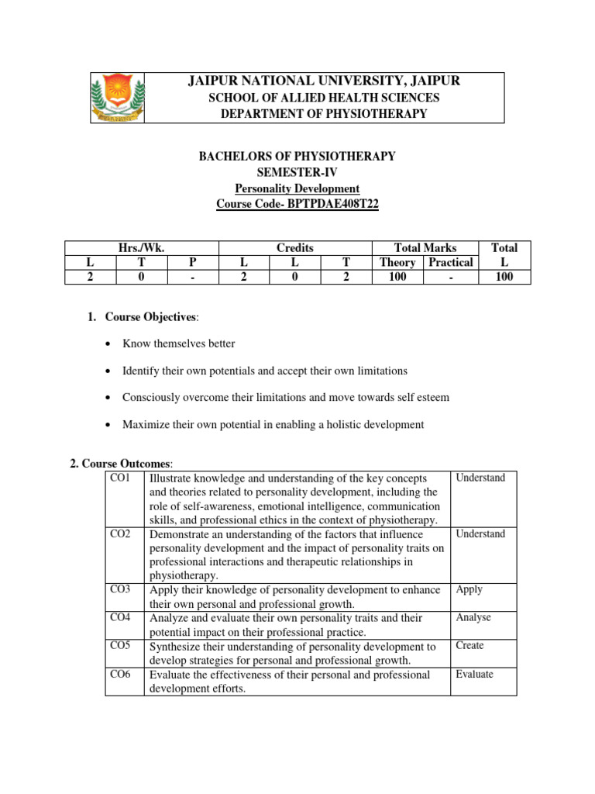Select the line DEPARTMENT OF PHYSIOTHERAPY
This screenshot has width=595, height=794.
point(324,114)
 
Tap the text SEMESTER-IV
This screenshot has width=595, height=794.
point(297,172)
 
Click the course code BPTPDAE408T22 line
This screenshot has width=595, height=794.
point(297,204)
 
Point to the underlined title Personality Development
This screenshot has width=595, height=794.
point(297,188)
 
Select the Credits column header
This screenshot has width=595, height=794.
point(294,247)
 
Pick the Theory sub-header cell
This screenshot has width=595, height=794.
point(397,262)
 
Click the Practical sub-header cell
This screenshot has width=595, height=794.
point(450,262)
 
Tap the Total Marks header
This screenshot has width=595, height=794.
point(425,247)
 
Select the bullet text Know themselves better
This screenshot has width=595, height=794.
point(179,343)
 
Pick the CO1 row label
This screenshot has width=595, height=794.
point(121,478)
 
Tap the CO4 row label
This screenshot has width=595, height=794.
point(121,618)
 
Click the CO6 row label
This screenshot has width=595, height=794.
point(121,675)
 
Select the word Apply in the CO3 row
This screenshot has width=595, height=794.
point(469,589)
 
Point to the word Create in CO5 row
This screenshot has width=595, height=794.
point(469,646)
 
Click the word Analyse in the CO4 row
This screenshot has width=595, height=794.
point(473,618)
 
